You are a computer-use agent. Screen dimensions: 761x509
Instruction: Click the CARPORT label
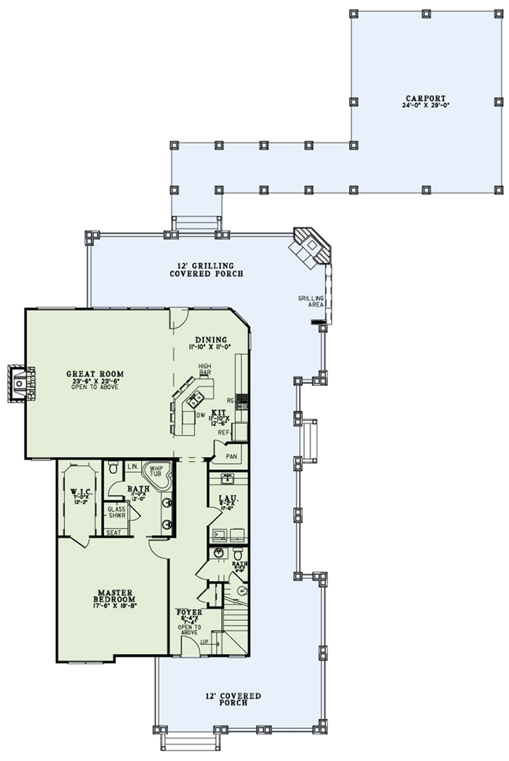tap(426, 101)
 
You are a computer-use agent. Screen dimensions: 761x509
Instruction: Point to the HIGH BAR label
tap(205, 369)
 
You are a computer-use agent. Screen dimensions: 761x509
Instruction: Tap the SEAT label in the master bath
tap(113, 532)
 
